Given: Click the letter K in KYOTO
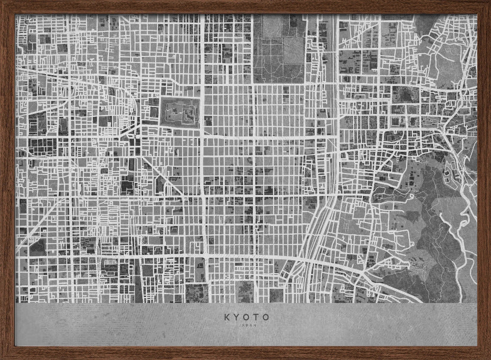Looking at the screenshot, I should click(x=227, y=317).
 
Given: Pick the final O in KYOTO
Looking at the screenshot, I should click(x=266, y=317).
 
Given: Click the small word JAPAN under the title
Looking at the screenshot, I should click(x=246, y=325).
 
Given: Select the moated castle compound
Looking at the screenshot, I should click(x=180, y=112).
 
